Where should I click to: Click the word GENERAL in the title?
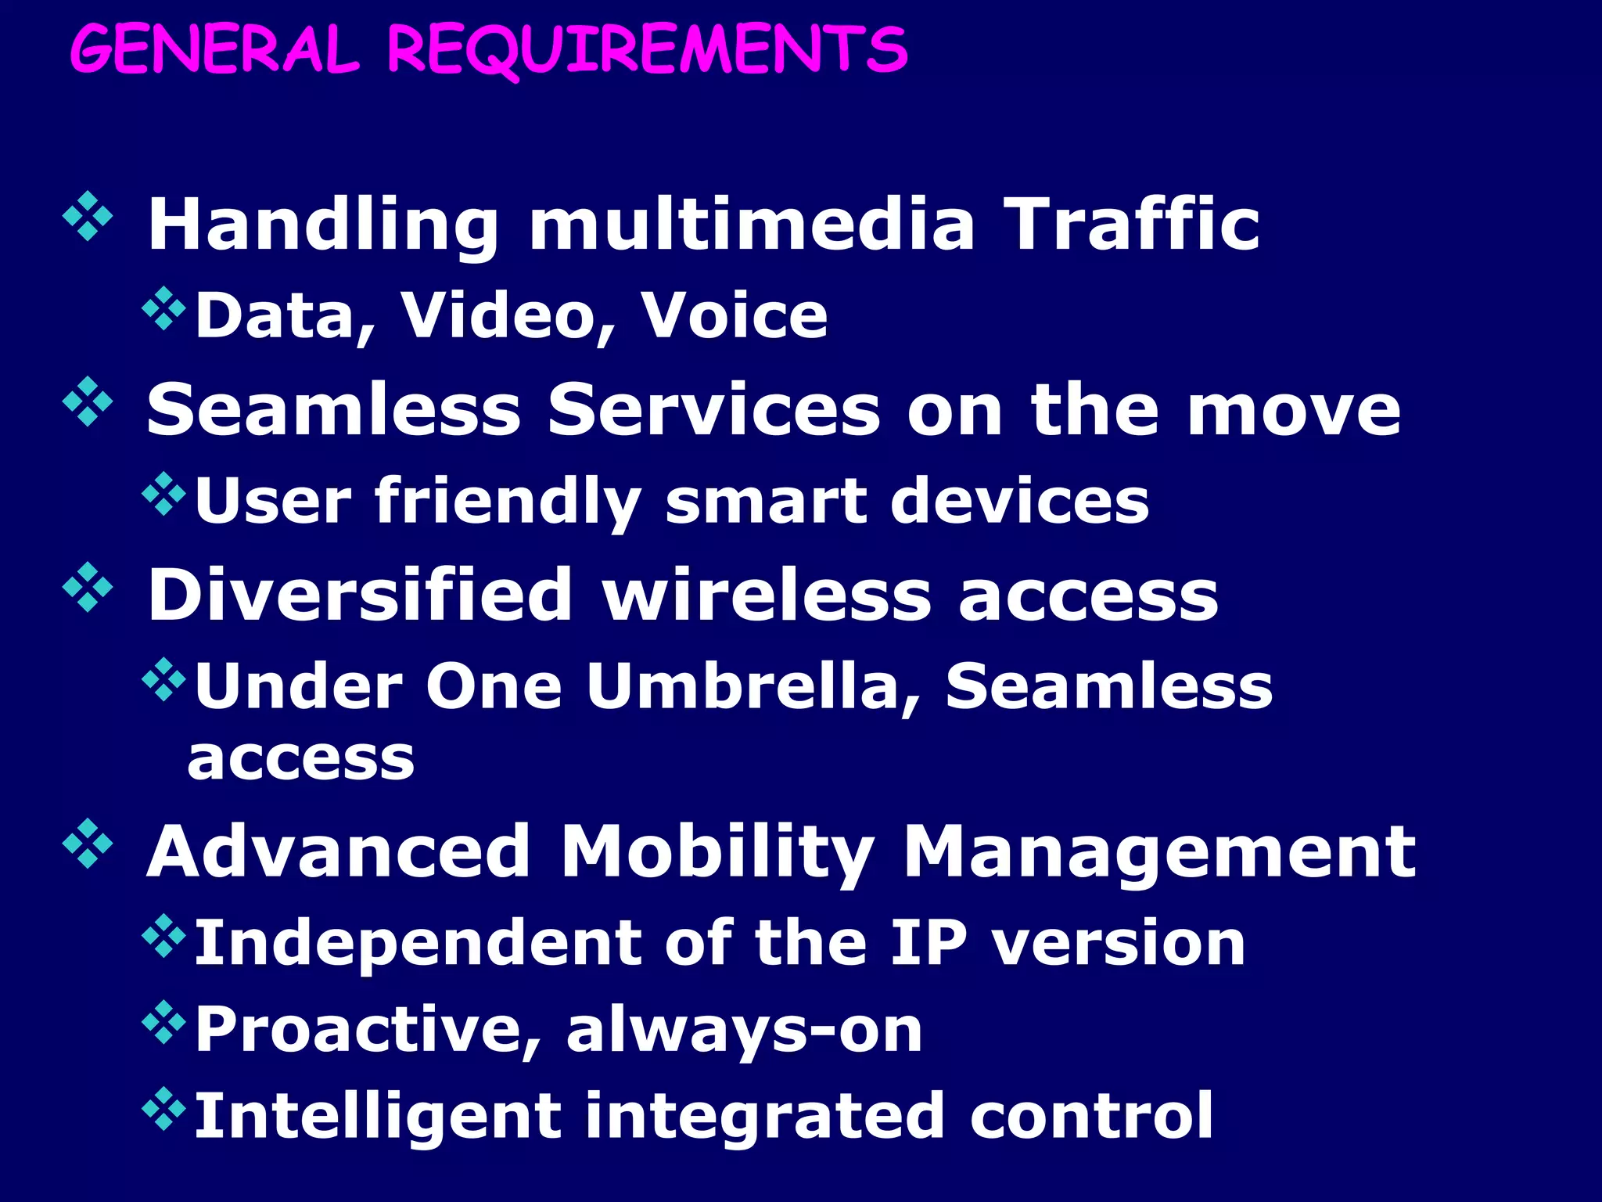pos(214,50)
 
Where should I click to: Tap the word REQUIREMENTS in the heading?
pos(648,52)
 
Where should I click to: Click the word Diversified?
pos(360,595)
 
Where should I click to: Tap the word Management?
pos(1158,853)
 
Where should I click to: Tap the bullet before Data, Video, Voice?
pos(164,308)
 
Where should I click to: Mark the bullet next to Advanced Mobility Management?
pos(88,844)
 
